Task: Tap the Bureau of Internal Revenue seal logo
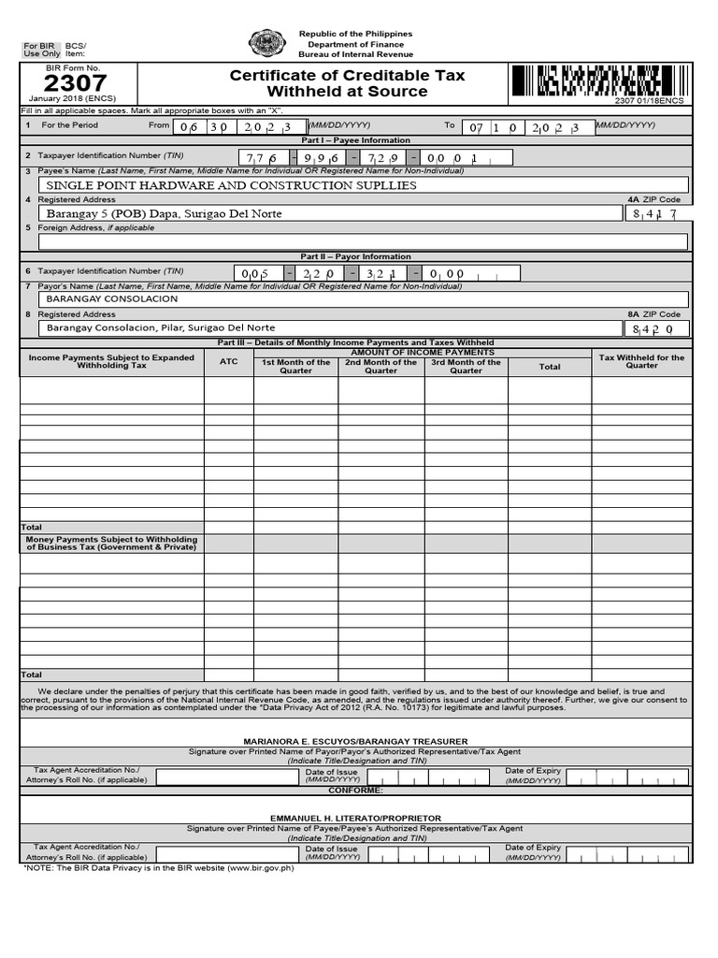pos(267,44)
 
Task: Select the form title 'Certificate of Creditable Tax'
pos(347,76)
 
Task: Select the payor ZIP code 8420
pos(659,329)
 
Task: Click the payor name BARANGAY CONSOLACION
pos(112,299)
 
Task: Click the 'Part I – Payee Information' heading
pos(354,140)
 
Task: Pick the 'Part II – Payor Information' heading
pos(354,256)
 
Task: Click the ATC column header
pos(229,362)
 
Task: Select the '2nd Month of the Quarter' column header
pos(381,366)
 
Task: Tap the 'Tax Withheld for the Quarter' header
pos(641,361)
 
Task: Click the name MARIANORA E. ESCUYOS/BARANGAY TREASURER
pos(354,741)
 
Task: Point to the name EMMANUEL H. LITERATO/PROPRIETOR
pos(354,818)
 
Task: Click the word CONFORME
pos(356,790)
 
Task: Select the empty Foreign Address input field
pos(362,241)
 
